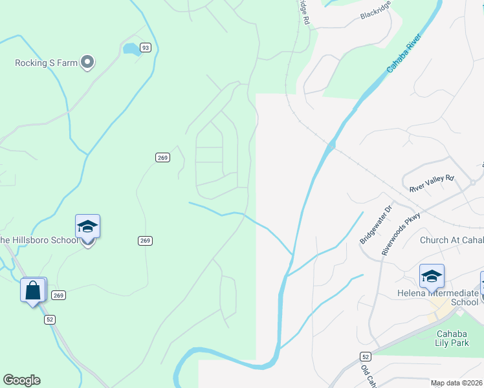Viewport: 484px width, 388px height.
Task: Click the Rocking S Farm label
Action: pyautogui.click(x=47, y=63)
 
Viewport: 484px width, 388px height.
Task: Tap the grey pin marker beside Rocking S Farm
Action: pyautogui.click(x=88, y=63)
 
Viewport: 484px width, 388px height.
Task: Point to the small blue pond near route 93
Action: pyautogui.click(x=130, y=48)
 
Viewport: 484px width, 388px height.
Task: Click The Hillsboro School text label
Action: pyautogui.click(x=39, y=240)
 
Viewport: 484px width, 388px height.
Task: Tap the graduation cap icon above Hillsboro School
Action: pyautogui.click(x=87, y=227)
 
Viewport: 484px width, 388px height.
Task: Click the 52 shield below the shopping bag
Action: pyautogui.click(x=50, y=319)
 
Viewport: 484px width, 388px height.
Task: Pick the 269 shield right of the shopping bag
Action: pyautogui.click(x=59, y=295)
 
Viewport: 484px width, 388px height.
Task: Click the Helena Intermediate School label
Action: pyautogui.click(x=437, y=297)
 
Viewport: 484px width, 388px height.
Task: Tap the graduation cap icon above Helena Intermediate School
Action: pyautogui.click(x=432, y=277)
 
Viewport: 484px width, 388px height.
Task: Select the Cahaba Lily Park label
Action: pyautogui.click(x=453, y=338)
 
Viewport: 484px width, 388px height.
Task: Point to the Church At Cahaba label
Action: pyautogui.click(x=452, y=240)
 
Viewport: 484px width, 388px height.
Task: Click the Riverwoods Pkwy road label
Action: pyautogui.click(x=401, y=233)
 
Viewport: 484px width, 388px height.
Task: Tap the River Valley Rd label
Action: pyautogui.click(x=432, y=183)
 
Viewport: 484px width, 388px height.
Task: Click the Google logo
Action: pyautogui.click(x=21, y=380)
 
